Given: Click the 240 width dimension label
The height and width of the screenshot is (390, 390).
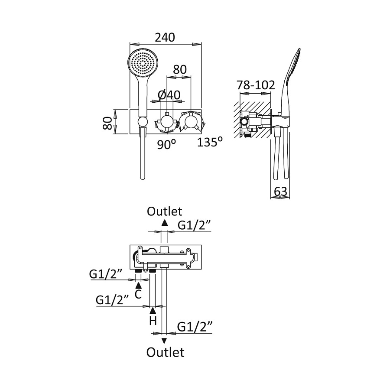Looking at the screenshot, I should (165, 38).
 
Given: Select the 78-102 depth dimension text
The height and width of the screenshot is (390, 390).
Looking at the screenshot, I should (256, 85).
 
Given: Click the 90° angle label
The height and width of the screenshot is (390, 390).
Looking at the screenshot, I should (166, 144).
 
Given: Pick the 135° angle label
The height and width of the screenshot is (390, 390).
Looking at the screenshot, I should (210, 142).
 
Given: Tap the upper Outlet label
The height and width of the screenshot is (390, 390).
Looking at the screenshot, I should (164, 211).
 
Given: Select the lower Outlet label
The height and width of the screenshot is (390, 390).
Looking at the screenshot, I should (165, 352).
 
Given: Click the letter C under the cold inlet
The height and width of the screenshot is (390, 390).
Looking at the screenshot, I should (138, 295).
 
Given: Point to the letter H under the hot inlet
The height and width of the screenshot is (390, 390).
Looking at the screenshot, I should (153, 321).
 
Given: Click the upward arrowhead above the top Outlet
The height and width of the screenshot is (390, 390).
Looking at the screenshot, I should (164, 223).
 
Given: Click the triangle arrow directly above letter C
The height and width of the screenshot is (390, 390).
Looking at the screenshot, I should (138, 285).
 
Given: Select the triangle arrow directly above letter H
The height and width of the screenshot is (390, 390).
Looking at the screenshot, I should (153, 310).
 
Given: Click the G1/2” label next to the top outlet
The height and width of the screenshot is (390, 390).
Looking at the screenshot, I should (195, 224).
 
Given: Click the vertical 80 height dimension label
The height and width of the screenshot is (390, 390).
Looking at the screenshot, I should (108, 122).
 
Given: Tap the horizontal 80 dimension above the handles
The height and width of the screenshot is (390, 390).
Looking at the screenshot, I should (179, 69).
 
